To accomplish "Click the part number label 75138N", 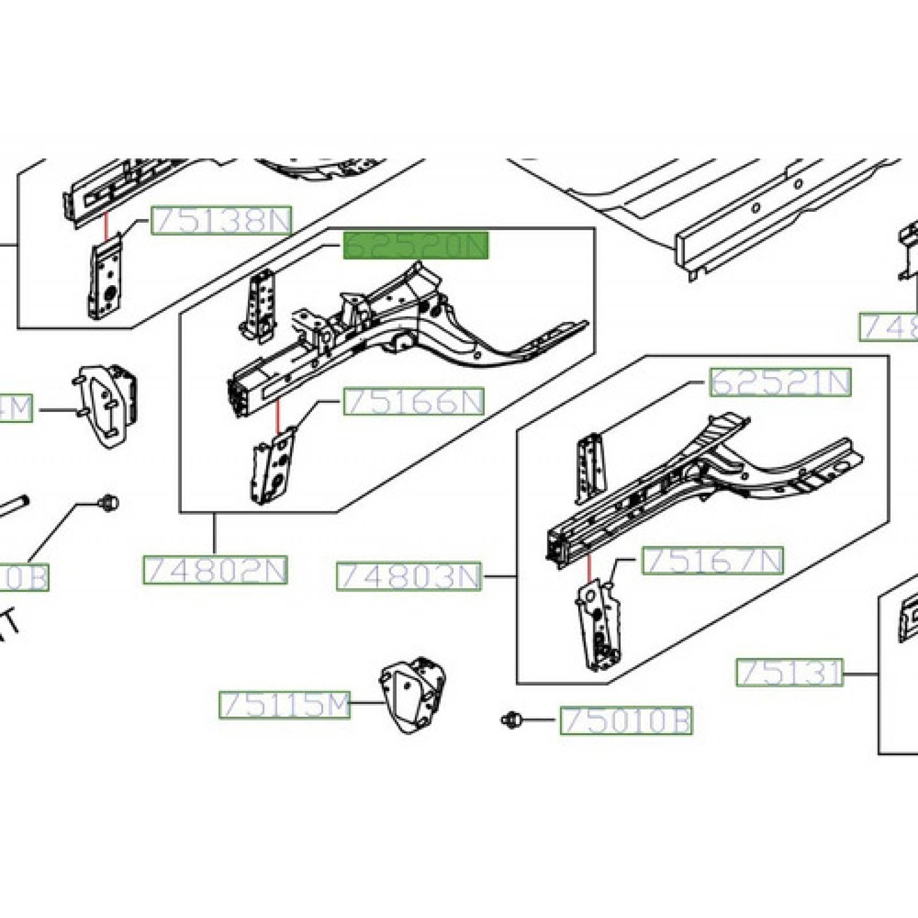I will [x=221, y=220].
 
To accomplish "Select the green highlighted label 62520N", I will [x=415, y=246].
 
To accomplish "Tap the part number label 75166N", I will [x=414, y=402].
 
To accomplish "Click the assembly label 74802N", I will [x=215, y=570].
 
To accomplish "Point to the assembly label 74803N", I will [x=409, y=577].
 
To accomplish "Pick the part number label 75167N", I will [x=713, y=561].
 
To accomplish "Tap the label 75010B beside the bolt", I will [x=626, y=721].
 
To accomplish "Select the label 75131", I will [x=789, y=672].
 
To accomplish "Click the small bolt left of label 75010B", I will [x=510, y=719].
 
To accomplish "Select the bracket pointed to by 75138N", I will [x=104, y=277].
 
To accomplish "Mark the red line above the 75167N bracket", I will [x=589, y=568].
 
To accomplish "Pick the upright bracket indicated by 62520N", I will [x=259, y=307].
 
